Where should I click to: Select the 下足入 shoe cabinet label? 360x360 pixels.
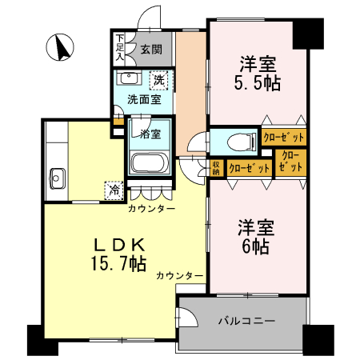pos(119,47)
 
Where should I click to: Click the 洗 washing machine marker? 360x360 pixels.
pos(159,79)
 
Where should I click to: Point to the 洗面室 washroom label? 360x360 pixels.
pos(145,100)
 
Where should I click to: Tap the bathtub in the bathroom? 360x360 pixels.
pos(149,165)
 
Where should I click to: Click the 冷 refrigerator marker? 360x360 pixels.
pos(114,190)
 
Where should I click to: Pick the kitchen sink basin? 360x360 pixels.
pos(57,177)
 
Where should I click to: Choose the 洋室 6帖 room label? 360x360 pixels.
pos(256,237)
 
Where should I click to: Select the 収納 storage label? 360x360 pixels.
pos(216,167)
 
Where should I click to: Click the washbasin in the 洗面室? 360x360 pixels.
pos(129,78)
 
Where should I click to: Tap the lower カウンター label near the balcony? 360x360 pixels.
pos(179,275)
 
